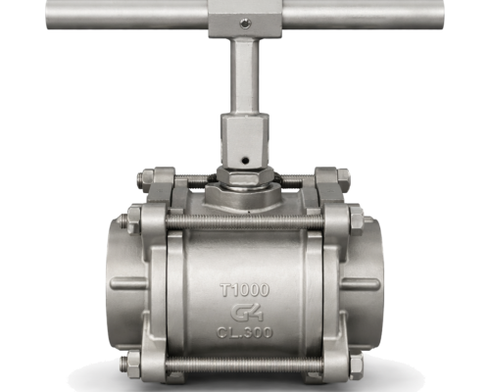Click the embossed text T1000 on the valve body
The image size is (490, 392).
(245, 290)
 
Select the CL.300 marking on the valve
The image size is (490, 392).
(244, 332)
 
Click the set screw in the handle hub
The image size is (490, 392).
(245, 24)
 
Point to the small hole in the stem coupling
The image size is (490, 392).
(245, 160)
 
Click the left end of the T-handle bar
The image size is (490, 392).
(47, 15)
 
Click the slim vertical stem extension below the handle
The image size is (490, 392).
(245, 75)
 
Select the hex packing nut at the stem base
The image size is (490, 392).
(245, 177)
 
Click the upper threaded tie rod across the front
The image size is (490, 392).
(245, 222)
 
